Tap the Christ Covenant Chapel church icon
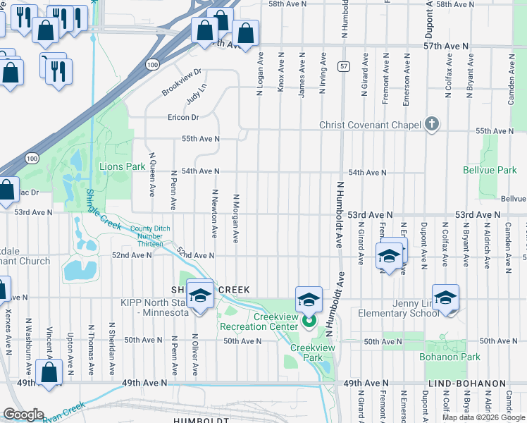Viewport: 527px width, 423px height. point(432,125)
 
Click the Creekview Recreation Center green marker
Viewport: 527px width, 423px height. point(309,322)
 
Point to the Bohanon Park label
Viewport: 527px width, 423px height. point(452,357)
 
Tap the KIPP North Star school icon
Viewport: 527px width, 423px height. point(200,296)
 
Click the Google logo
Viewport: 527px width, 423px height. point(23,415)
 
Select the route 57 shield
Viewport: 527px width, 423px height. point(343,66)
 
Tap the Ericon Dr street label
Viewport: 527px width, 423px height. point(183,117)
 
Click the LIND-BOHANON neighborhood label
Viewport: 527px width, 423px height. point(466,383)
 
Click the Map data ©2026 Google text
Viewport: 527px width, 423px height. point(483,417)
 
